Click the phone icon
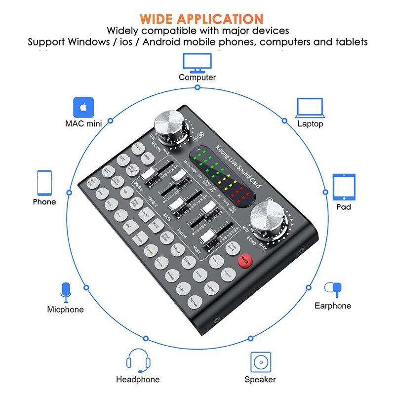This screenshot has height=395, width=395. point(44,182)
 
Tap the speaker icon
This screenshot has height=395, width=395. point(260,362)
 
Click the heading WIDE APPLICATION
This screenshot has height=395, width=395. point(201,19)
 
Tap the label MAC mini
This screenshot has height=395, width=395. point(83,123)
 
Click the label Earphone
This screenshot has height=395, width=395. point(333,306)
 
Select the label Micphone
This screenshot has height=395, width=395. point(65,310)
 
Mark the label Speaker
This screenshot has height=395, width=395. point(260,379)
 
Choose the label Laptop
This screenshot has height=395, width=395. point(310,124)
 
